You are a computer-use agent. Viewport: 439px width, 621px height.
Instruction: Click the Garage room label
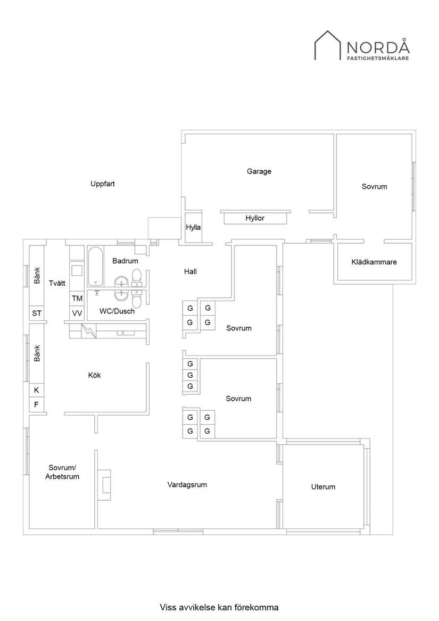[259, 171]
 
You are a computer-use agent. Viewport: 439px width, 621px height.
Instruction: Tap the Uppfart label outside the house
[103, 184]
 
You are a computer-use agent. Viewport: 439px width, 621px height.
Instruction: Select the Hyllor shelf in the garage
[255, 218]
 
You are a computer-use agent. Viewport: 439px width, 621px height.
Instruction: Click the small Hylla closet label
[193, 228]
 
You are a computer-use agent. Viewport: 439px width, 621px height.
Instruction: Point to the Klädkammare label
[374, 262]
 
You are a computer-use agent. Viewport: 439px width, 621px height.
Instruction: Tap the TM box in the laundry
[77, 298]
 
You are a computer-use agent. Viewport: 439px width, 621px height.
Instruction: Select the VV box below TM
[77, 313]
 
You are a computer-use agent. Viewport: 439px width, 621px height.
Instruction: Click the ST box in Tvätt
[37, 313]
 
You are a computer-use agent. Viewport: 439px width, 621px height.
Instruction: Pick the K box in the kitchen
[37, 390]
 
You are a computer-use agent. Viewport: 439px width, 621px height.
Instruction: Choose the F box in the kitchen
[37, 404]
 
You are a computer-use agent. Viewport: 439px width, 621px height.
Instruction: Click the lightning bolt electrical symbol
[87, 331]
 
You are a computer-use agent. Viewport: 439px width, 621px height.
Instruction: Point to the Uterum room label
[323, 487]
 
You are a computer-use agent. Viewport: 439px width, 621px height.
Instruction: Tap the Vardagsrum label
[187, 485]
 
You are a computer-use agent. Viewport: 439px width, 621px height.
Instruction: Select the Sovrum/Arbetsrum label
[62, 472]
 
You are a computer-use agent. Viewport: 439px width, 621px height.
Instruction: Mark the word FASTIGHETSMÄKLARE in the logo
[378, 59]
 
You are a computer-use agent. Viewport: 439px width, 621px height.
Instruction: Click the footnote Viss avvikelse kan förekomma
[219, 607]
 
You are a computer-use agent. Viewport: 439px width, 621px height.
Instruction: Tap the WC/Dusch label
[117, 311]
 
